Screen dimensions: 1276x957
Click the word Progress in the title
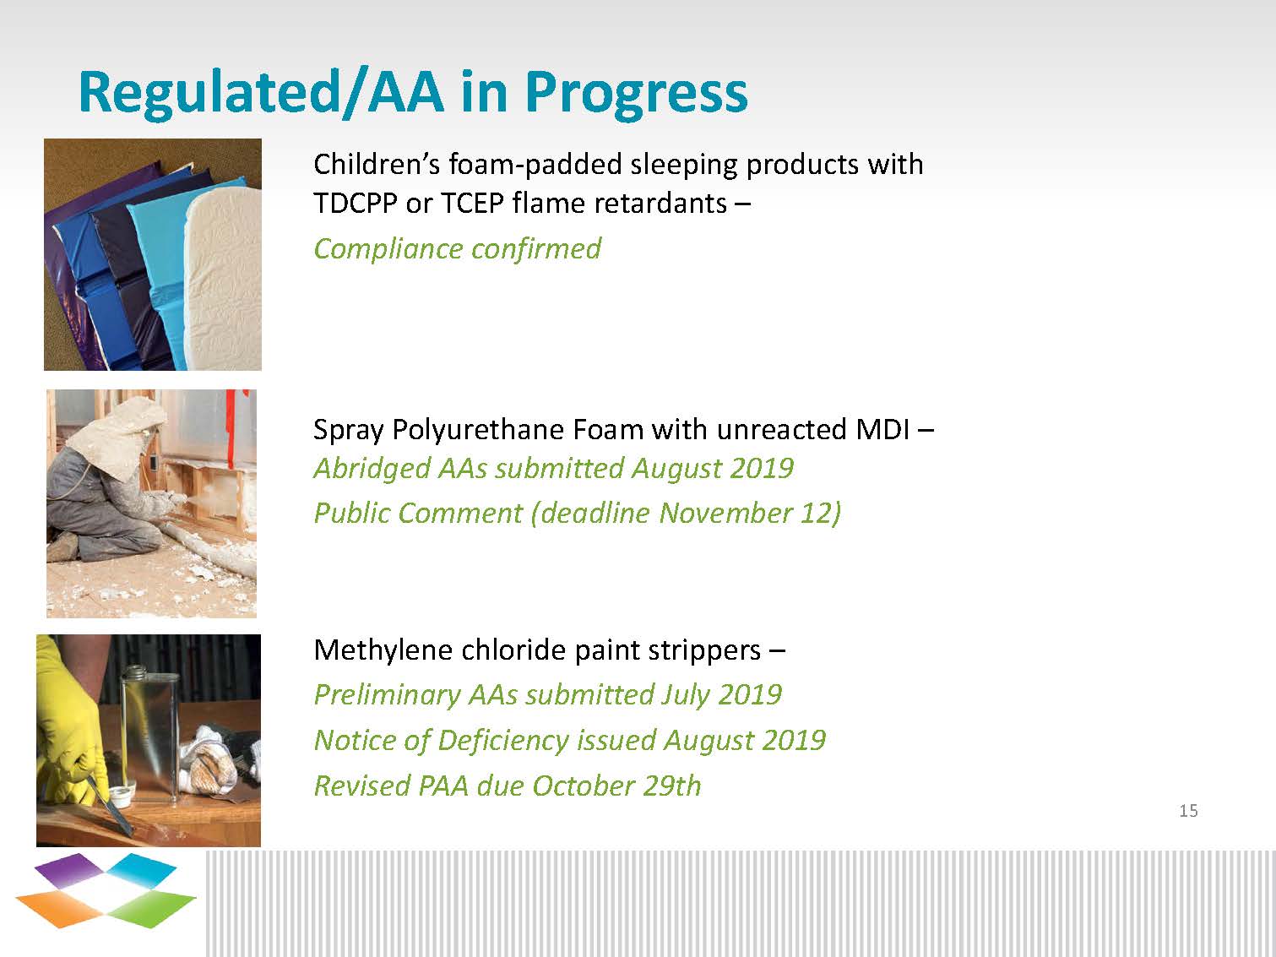(x=636, y=93)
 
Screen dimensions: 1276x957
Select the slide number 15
(x=1188, y=811)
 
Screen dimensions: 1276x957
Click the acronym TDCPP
(x=356, y=204)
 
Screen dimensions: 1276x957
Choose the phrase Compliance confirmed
(x=457, y=249)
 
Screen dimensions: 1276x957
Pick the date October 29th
(x=616, y=786)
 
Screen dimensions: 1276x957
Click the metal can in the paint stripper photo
(x=150, y=726)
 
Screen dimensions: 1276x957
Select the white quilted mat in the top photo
(x=224, y=274)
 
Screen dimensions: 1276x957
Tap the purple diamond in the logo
(x=69, y=870)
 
